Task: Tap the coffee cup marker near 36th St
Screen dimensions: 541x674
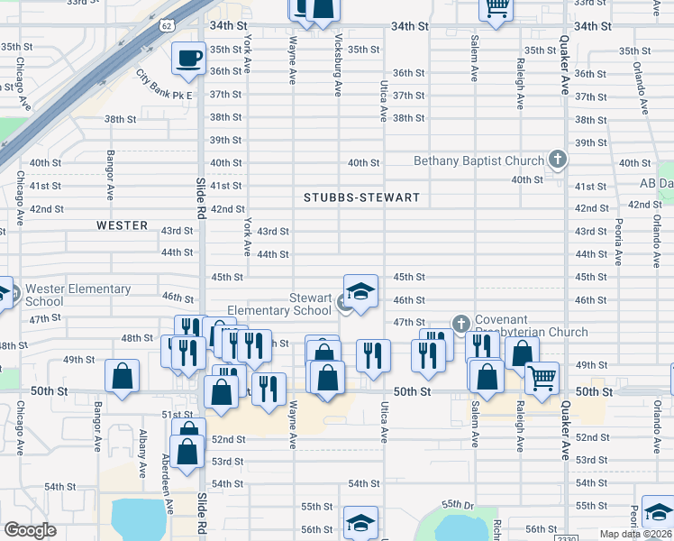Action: pyautogui.click(x=188, y=59)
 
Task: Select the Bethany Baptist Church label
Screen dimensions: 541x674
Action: pyautogui.click(x=478, y=161)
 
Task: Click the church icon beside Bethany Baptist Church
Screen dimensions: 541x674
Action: pyautogui.click(x=558, y=160)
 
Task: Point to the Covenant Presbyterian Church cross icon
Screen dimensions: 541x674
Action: pyautogui.click(x=461, y=323)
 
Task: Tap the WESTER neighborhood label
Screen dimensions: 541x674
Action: pyautogui.click(x=123, y=225)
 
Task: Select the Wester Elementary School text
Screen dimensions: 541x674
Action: pyautogui.click(x=78, y=295)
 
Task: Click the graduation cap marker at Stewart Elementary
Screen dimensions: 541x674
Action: pyautogui.click(x=360, y=292)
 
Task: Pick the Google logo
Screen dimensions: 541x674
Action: pyautogui.click(x=31, y=530)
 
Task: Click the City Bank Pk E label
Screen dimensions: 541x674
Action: pyautogui.click(x=165, y=85)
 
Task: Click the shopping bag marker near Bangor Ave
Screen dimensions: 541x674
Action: pyautogui.click(x=122, y=376)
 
